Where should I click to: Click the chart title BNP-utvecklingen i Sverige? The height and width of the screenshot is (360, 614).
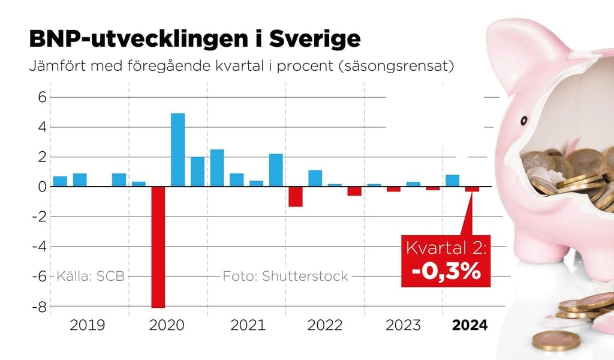195,40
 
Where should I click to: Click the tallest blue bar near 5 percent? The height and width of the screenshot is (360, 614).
178,149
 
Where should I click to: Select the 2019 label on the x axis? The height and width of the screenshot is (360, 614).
88,325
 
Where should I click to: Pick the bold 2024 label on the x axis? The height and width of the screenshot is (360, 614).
469,325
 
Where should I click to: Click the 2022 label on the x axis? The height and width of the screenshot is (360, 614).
324,325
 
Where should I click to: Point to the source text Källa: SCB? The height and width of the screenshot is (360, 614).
91,277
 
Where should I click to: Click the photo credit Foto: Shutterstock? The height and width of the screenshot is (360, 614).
285,277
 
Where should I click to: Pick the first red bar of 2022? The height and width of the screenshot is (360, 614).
295,197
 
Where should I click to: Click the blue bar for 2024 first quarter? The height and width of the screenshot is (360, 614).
453,181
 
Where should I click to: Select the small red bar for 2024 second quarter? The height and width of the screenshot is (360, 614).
472,189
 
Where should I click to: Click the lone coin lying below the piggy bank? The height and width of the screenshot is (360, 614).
555,341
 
